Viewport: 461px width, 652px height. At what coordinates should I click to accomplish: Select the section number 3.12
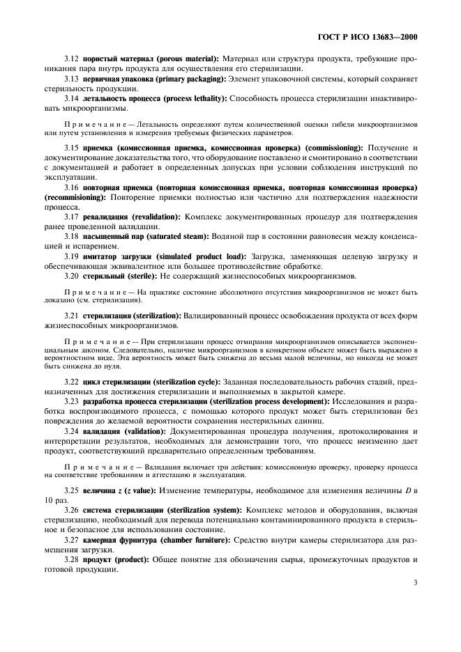[71, 59]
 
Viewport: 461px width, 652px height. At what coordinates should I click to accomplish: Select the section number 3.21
[71, 316]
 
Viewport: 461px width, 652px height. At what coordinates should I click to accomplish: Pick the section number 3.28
[71, 559]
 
